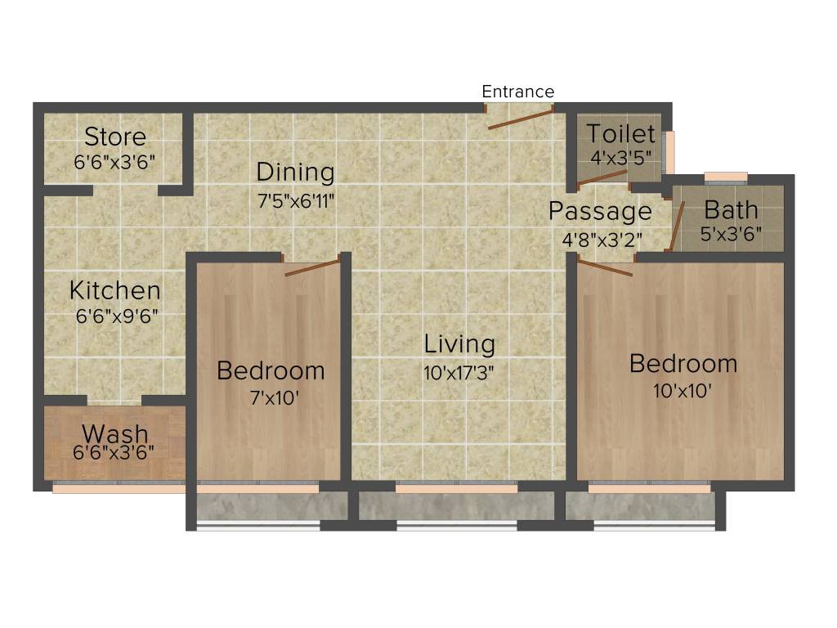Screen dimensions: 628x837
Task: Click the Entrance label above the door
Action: click(517, 92)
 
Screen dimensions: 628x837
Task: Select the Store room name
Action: click(115, 137)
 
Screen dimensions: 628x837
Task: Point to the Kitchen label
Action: click(114, 290)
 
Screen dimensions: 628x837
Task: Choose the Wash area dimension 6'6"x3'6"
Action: click(114, 451)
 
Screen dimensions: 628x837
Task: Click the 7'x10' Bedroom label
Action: click(270, 370)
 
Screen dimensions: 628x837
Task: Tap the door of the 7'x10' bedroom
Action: click(311, 267)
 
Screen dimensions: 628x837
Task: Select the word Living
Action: click(459, 344)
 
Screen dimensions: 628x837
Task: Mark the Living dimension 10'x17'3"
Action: click(459, 372)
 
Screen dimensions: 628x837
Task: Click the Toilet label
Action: click(620, 134)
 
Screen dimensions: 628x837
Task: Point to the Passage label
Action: click(600, 212)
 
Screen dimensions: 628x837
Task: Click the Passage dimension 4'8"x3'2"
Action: click(601, 240)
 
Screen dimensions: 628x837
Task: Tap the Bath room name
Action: click(731, 209)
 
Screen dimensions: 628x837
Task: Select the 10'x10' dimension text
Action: click(683, 391)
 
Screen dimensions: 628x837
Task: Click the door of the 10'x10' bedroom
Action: click(606, 267)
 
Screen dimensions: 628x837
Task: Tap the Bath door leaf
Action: click(677, 225)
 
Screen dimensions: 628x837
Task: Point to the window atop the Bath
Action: click(726, 177)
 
